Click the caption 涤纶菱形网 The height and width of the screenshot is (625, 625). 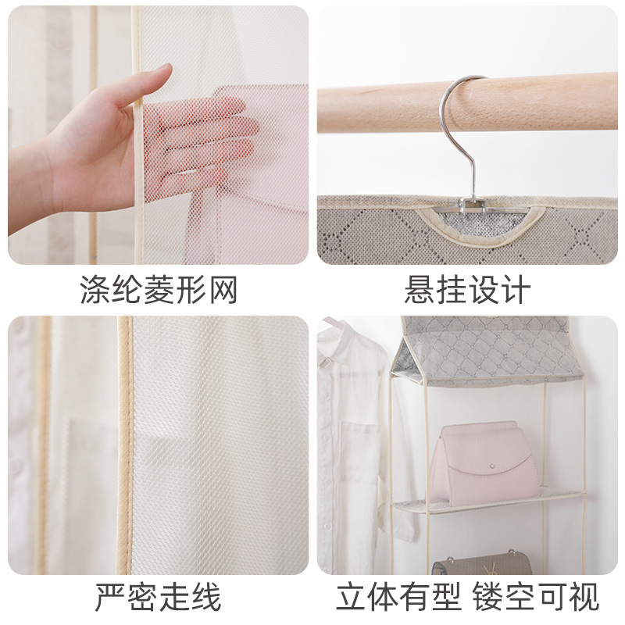(x=159, y=290)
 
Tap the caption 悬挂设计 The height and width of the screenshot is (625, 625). (x=467, y=290)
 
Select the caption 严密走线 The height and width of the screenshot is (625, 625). (x=158, y=597)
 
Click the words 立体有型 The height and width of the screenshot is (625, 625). (x=398, y=597)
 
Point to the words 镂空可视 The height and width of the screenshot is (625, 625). (x=536, y=597)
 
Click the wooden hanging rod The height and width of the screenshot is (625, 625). (x=467, y=105)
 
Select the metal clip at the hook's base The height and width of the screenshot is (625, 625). (x=470, y=205)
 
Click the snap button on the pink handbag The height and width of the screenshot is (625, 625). (x=493, y=466)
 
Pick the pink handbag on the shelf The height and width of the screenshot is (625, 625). (x=484, y=464)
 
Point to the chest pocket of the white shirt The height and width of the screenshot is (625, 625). (x=361, y=446)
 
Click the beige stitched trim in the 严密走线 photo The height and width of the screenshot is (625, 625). (x=125, y=445)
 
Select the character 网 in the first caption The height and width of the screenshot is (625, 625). (x=223, y=290)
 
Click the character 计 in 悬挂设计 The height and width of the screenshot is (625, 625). (x=516, y=290)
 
